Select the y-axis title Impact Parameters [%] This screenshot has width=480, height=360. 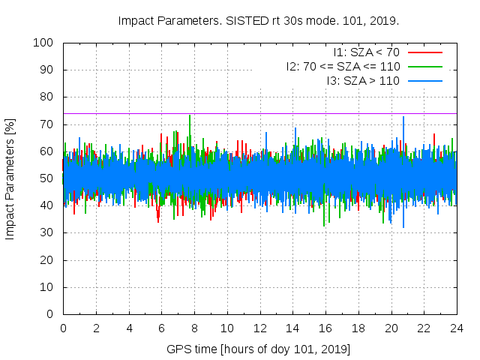click(x=10, y=178)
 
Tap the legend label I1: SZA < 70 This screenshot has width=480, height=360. click(x=366, y=52)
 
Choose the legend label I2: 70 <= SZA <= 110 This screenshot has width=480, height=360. click(x=343, y=67)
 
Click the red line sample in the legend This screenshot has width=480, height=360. click(x=424, y=52)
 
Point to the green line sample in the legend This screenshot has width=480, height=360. click(x=424, y=67)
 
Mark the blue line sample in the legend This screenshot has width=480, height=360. click(x=424, y=80)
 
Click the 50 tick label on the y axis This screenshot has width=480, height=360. click(x=46, y=178)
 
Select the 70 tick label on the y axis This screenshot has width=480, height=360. click(x=46, y=124)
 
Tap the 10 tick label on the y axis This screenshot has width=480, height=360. click(x=46, y=287)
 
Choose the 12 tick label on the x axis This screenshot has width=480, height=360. click(x=259, y=328)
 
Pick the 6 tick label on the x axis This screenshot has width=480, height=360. click(x=161, y=328)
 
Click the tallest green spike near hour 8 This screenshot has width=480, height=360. click(x=190, y=116)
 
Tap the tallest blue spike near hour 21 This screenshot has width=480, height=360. click(x=403, y=118)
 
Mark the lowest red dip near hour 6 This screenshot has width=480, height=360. click(x=158, y=221)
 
